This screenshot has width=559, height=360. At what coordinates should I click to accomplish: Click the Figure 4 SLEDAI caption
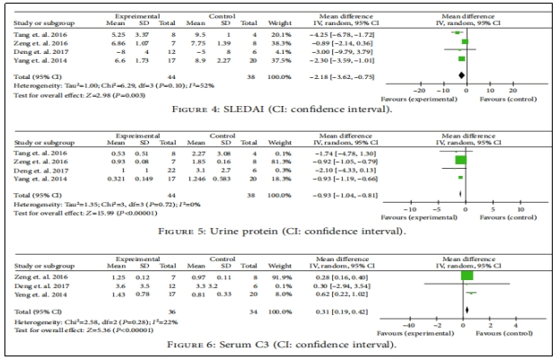tap(278, 109)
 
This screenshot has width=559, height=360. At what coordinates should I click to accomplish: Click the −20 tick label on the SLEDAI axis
tap(417, 90)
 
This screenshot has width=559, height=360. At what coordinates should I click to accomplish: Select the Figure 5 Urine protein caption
tap(278, 232)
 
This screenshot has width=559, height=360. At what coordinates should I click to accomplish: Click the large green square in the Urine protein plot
tap(461, 161)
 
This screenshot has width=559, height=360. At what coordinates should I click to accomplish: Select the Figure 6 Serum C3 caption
tap(278, 345)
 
